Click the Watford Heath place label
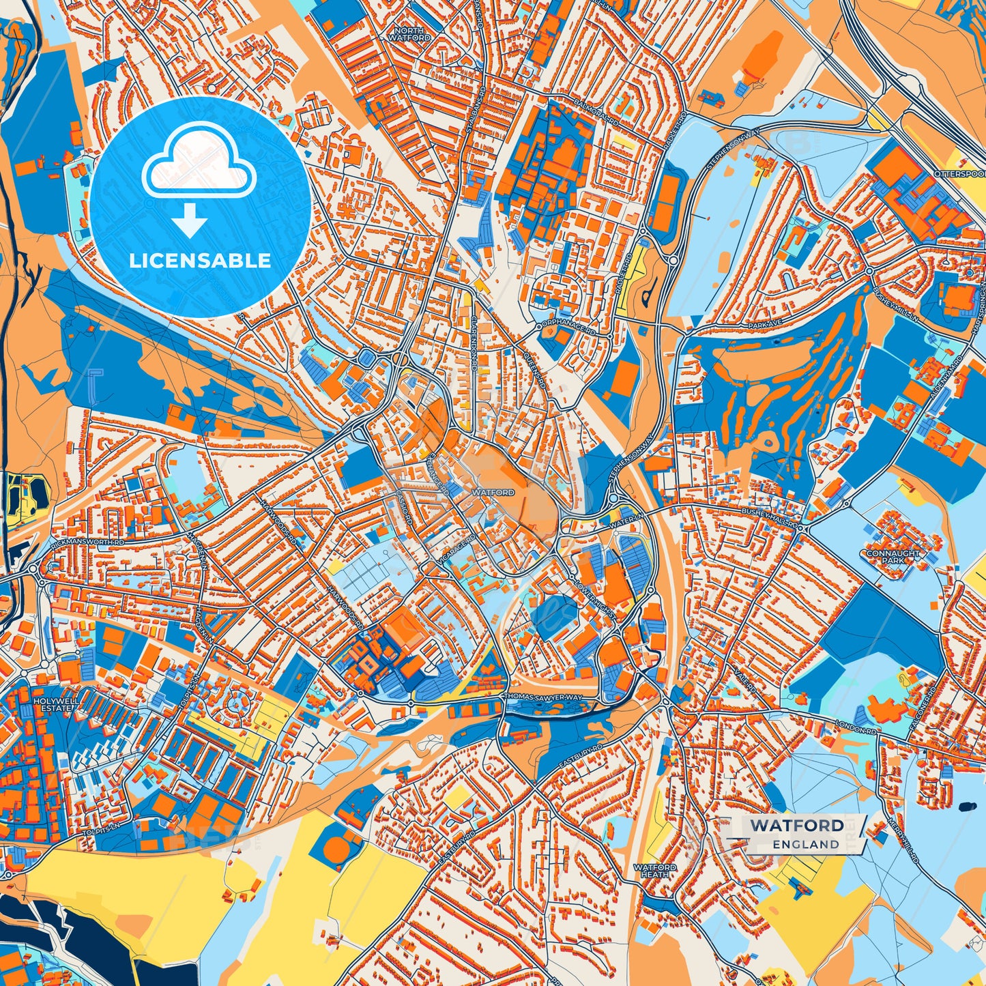click(655, 871)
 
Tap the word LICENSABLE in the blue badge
click(201, 261)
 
